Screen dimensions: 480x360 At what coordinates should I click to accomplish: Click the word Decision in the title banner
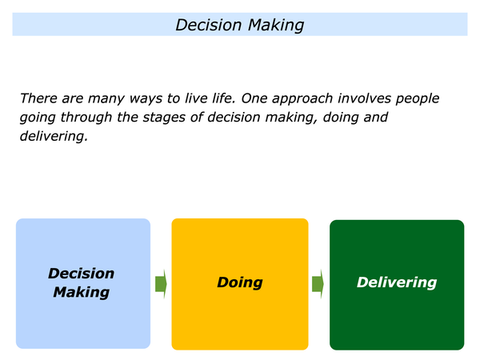pyautogui.click(x=209, y=25)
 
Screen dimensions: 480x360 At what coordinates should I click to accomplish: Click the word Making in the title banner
pyautogui.click(x=276, y=26)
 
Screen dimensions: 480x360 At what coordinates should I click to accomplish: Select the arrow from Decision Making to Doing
pyautogui.click(x=161, y=284)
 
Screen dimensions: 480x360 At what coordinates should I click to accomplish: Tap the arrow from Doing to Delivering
pyautogui.click(x=318, y=284)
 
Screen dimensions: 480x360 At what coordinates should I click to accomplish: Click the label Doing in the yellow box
pyautogui.click(x=240, y=282)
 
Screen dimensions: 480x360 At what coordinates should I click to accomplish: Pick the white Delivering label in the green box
pyautogui.click(x=397, y=282)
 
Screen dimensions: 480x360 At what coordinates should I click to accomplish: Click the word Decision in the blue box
pyautogui.click(x=81, y=274)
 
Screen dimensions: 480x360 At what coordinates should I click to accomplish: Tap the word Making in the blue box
pyautogui.click(x=81, y=292)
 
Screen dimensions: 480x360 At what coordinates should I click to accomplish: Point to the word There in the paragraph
pyautogui.click(x=39, y=98)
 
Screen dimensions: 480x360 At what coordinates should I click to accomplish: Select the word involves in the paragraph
pyautogui.click(x=364, y=98)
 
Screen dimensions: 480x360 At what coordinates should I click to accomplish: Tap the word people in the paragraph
pyautogui.click(x=418, y=99)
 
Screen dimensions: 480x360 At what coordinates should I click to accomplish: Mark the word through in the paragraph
pyautogui.click(x=86, y=118)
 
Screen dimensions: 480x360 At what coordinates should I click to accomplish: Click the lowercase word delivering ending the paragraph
pyautogui.click(x=54, y=137)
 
